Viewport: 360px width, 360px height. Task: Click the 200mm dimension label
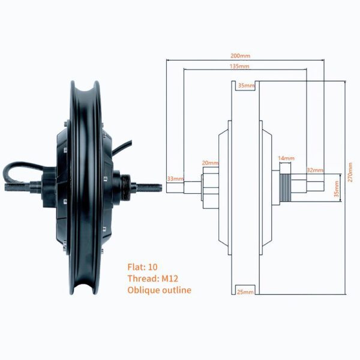tap(240, 56)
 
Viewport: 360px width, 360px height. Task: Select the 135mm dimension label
tap(239, 67)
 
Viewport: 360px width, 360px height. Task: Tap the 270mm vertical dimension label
tap(350, 172)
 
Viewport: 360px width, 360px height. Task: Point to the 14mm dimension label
tap(286, 158)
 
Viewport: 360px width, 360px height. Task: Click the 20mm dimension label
tap(210, 163)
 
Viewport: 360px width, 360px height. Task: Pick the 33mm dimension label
tap(175, 179)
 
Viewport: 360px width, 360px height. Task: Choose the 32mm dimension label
tap(315, 170)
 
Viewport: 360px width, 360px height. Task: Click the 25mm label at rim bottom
tap(245, 292)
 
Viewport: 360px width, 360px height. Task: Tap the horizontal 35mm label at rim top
tap(247, 86)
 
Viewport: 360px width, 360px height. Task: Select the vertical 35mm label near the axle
tap(337, 189)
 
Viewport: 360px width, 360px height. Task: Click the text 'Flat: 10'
tap(143, 267)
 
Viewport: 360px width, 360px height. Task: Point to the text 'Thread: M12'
tap(153, 278)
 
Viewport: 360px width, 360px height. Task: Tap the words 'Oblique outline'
tap(160, 290)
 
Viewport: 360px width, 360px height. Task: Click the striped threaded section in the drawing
tap(285, 188)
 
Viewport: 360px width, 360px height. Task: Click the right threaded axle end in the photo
tap(149, 188)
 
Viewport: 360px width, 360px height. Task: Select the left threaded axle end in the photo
tap(17, 187)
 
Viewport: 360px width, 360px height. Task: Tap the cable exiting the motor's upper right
tap(122, 148)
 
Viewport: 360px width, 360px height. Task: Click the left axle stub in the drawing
tap(184, 187)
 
